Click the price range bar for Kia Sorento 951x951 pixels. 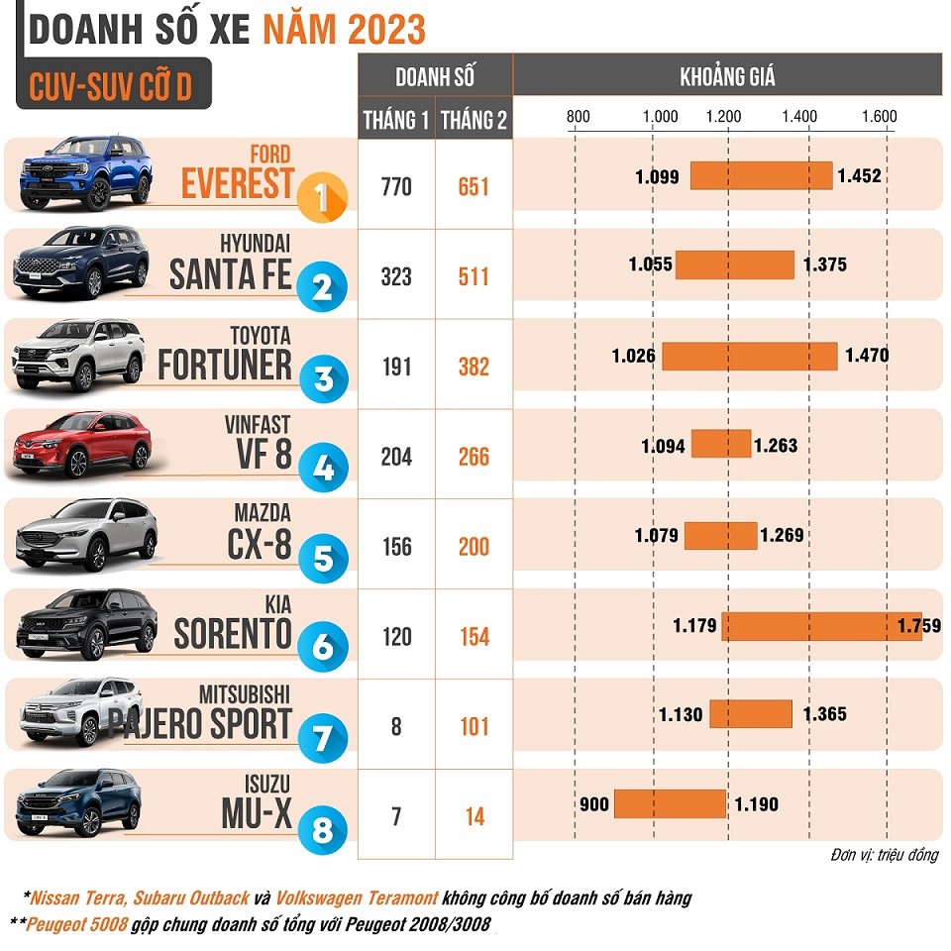click(821, 626)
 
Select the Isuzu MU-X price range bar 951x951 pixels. click(670, 803)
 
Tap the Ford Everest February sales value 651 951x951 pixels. click(474, 185)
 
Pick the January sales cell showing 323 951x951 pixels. click(396, 276)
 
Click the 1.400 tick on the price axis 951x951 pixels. click(799, 116)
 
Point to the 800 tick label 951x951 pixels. click(578, 116)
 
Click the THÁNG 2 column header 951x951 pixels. click(474, 121)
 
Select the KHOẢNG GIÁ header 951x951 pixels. click(727, 76)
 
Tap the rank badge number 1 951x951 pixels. click(322, 196)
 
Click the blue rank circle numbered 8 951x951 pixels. click(322, 828)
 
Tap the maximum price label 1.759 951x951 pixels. click(918, 626)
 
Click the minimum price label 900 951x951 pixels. click(594, 804)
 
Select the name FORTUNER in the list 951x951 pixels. click(225, 366)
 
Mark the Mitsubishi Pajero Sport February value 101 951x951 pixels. click(474, 727)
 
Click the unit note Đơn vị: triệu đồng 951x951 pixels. click(884, 855)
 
